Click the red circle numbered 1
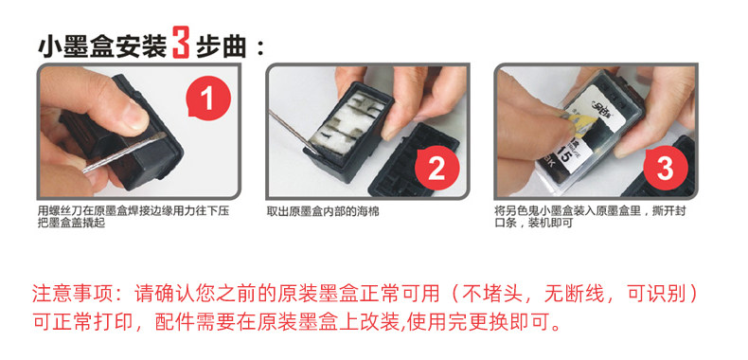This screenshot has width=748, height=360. pyautogui.click(x=207, y=99)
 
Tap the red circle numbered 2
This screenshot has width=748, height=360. pyautogui.click(x=437, y=169)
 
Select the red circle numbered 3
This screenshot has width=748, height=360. pyautogui.click(x=666, y=168)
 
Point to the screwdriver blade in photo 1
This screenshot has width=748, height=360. pyautogui.click(x=124, y=152)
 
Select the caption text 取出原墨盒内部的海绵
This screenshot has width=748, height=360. pyautogui.click(x=323, y=211)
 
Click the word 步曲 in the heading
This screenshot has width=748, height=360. pyautogui.click(x=222, y=47)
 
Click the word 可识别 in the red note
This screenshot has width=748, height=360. pyautogui.click(x=655, y=293)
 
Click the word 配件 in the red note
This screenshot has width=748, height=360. pyautogui.click(x=174, y=323)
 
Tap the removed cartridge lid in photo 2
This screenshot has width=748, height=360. pyautogui.click(x=413, y=162)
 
